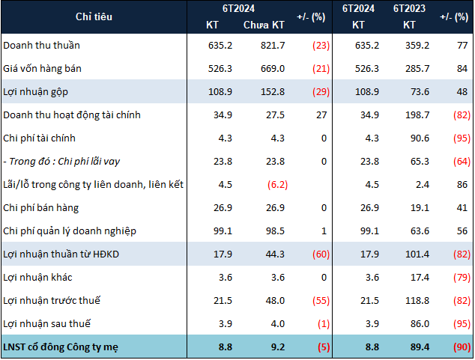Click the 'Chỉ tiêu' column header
point(94,16)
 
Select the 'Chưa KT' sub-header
point(264,25)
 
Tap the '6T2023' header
point(410,8)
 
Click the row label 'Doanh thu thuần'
point(41,45)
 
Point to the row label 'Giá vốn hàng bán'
point(42,68)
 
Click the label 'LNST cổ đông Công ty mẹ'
point(62,347)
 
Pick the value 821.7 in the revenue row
point(270,45)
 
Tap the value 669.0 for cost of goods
point(270,68)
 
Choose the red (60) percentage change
point(319,254)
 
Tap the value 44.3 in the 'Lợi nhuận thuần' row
point(273,254)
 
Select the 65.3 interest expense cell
point(417,161)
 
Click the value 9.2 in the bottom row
point(276,347)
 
